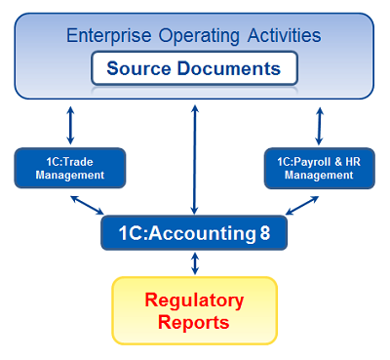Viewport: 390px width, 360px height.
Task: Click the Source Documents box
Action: point(194,69)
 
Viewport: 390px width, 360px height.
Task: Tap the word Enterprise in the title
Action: point(105,36)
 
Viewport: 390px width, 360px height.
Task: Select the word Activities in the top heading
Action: point(282,36)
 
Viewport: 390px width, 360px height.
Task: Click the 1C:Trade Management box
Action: point(70,168)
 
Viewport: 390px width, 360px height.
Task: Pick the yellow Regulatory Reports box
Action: point(195,310)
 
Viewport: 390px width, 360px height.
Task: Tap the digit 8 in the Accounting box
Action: point(265,233)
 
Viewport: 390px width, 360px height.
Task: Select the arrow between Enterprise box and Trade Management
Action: point(70,124)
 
